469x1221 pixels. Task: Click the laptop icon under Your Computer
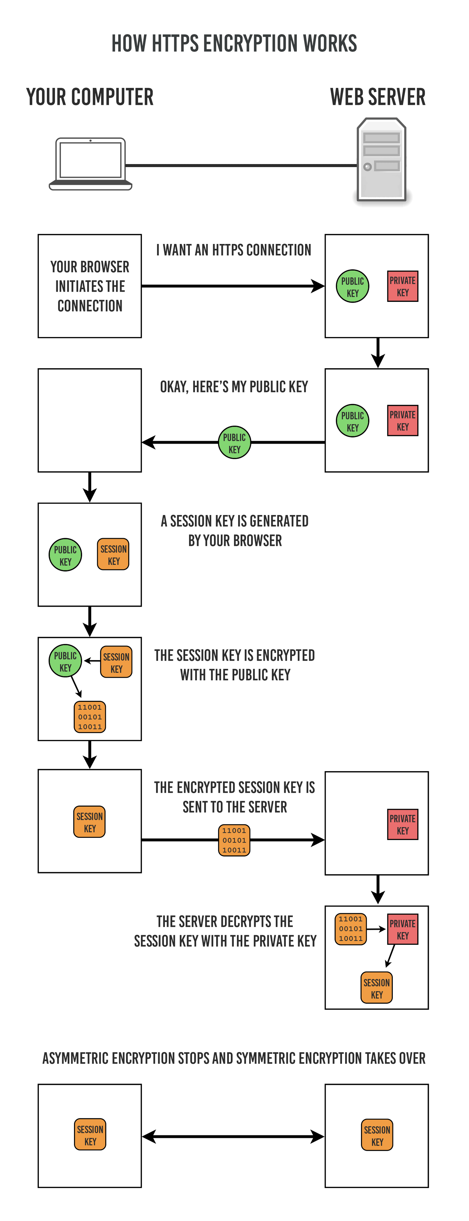coord(90,163)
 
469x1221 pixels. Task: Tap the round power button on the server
coord(367,167)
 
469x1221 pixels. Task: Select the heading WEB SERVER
coord(377,97)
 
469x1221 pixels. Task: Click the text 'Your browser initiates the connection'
coord(90,286)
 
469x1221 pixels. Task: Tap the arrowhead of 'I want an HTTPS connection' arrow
coord(318,286)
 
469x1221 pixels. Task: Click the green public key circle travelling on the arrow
coord(234,442)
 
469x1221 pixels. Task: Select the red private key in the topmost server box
coord(403,286)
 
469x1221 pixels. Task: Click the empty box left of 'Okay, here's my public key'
coord(90,420)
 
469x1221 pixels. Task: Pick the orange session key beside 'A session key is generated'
coord(113,554)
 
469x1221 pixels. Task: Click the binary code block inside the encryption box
coord(90,717)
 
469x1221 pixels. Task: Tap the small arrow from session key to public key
coord(92,661)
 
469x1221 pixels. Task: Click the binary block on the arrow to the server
coord(234,840)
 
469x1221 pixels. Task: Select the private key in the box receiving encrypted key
coord(403,824)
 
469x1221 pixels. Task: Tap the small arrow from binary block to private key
coord(376,929)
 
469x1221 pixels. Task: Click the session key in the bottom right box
coord(377,1136)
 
